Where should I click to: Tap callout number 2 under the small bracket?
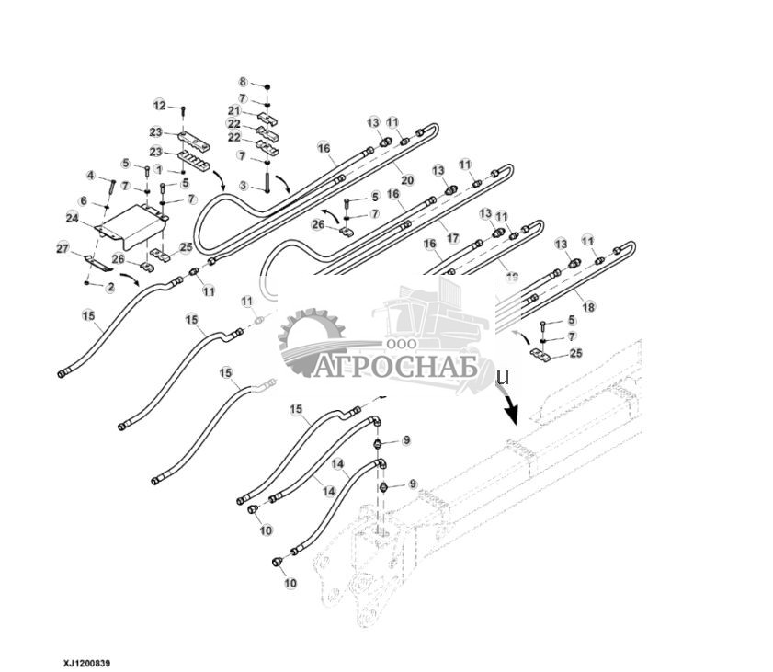tap(109, 288)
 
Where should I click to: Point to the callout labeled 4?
tap(91, 175)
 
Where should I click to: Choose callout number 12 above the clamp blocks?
tap(159, 105)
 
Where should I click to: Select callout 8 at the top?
tap(243, 82)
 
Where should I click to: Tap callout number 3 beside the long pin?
tap(244, 187)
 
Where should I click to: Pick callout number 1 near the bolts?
tap(159, 170)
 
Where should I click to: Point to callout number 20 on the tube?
tap(407, 179)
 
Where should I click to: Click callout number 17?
tap(453, 237)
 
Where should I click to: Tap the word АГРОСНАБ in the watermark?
tap(394, 366)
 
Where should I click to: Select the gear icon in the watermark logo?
tap(311, 342)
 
